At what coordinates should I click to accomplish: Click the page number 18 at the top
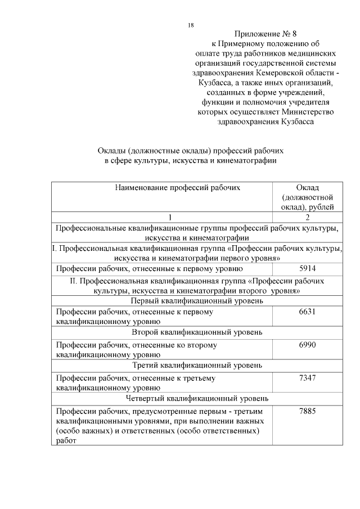point(191,25)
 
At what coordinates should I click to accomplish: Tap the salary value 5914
point(307,268)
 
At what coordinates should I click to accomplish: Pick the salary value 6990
point(307,344)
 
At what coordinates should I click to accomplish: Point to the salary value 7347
point(307,377)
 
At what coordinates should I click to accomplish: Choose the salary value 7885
point(307,411)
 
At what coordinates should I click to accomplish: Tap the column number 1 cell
point(163,217)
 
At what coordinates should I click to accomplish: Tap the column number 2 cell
point(307,217)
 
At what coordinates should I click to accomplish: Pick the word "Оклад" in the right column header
point(307,187)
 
